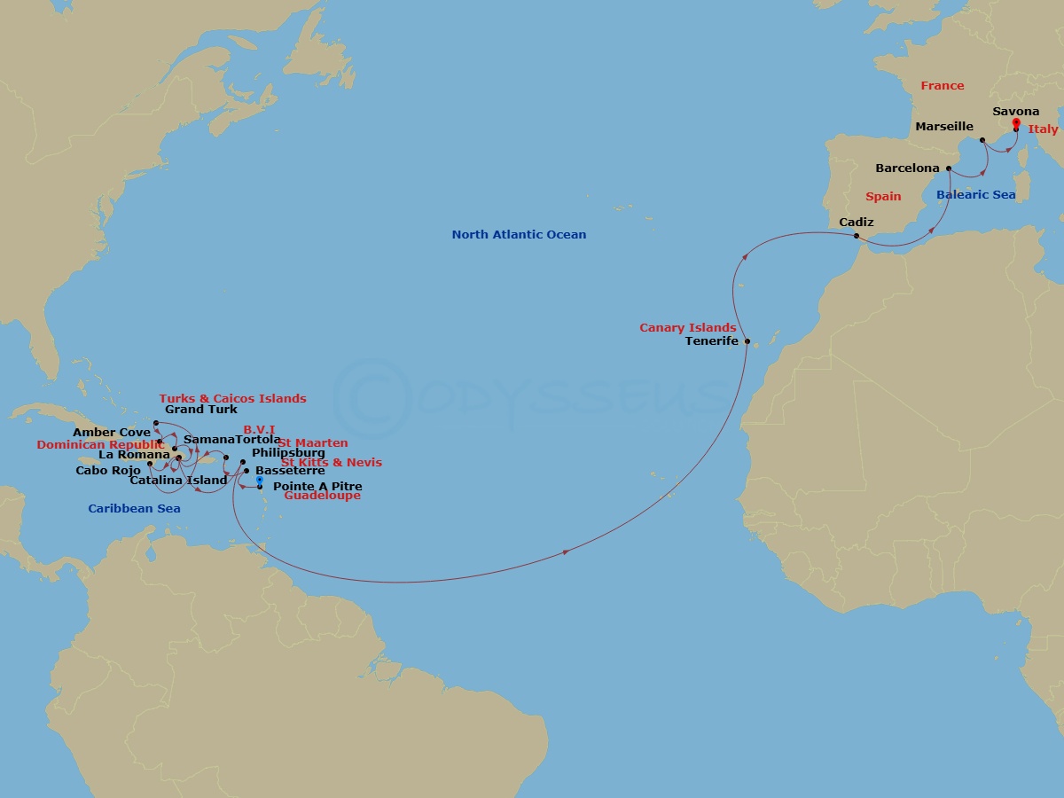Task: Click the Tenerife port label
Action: coord(712,340)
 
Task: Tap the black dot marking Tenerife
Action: coord(747,341)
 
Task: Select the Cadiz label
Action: coord(857,222)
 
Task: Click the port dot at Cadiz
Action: coord(856,236)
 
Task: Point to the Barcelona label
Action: coord(907,168)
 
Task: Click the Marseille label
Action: coord(944,127)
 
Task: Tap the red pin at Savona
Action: coord(1015,123)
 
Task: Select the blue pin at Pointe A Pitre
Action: coord(259,481)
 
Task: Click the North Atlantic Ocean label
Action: coord(519,235)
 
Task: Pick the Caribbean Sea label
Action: coord(134,509)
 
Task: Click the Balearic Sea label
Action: coord(975,194)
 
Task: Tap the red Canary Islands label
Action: coord(688,328)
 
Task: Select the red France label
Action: coord(942,86)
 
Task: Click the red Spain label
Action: coord(882,197)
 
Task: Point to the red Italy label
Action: coord(1043,129)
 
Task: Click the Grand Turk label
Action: coord(201,410)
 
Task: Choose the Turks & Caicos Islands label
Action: coord(232,399)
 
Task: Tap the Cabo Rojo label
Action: coord(108,470)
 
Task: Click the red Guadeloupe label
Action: coord(322,496)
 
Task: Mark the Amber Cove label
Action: coord(112,433)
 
